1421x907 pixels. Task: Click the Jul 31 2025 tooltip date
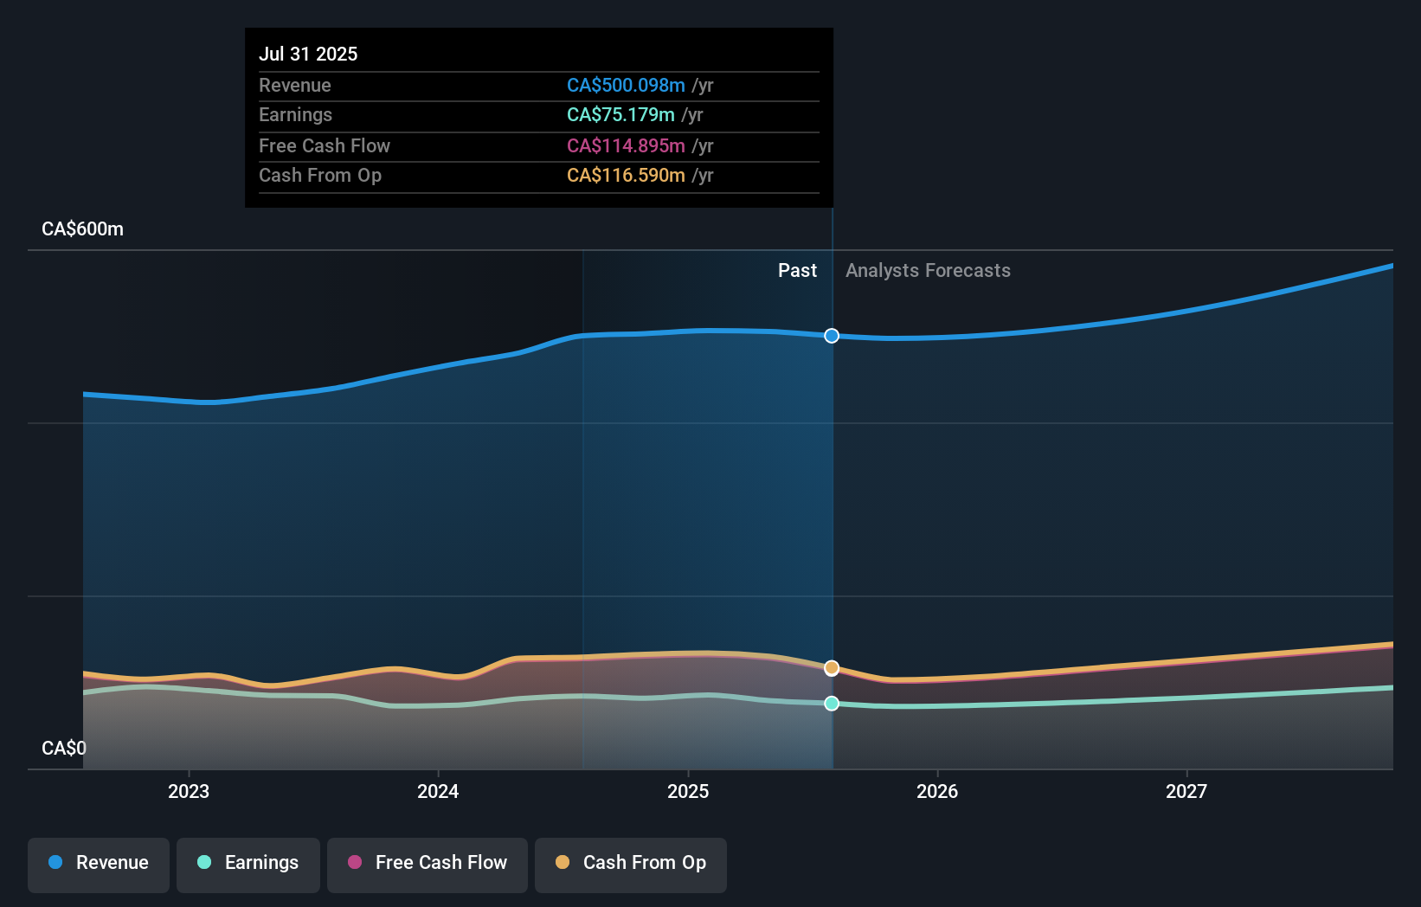coord(308,54)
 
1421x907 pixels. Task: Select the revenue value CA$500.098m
coord(626,85)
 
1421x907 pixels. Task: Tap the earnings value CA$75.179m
coord(620,114)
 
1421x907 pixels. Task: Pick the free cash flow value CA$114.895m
coord(626,145)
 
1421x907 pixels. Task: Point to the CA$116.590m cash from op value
coord(626,175)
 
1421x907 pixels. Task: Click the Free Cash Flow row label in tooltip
coord(325,145)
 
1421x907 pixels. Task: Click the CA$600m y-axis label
coord(82,228)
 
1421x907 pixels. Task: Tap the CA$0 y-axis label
coord(64,748)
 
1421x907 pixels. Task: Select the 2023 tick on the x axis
coord(189,791)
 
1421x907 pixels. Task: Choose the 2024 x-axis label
coord(438,791)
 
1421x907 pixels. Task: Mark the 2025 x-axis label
coord(688,791)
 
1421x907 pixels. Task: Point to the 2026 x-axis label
coord(937,791)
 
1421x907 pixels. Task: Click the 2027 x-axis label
coord(1186,791)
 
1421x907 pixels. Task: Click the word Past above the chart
coord(797,270)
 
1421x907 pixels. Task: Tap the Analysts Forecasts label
coord(928,270)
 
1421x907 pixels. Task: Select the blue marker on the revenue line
coord(832,336)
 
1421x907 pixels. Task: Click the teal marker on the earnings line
coord(832,704)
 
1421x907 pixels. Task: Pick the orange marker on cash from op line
coord(832,668)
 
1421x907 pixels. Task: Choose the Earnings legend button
coord(248,863)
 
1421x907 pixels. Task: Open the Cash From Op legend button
coord(631,863)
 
